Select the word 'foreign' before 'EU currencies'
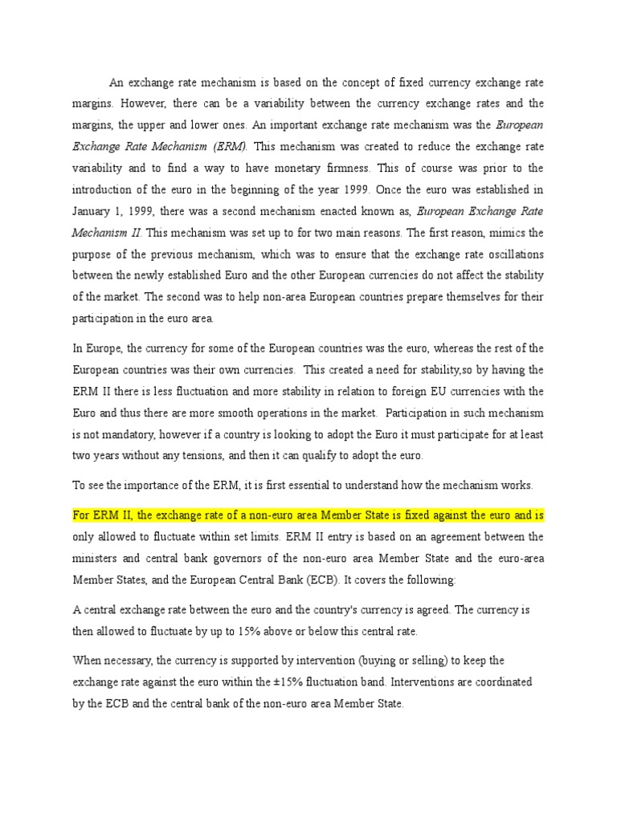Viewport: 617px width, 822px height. [x=402, y=391]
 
